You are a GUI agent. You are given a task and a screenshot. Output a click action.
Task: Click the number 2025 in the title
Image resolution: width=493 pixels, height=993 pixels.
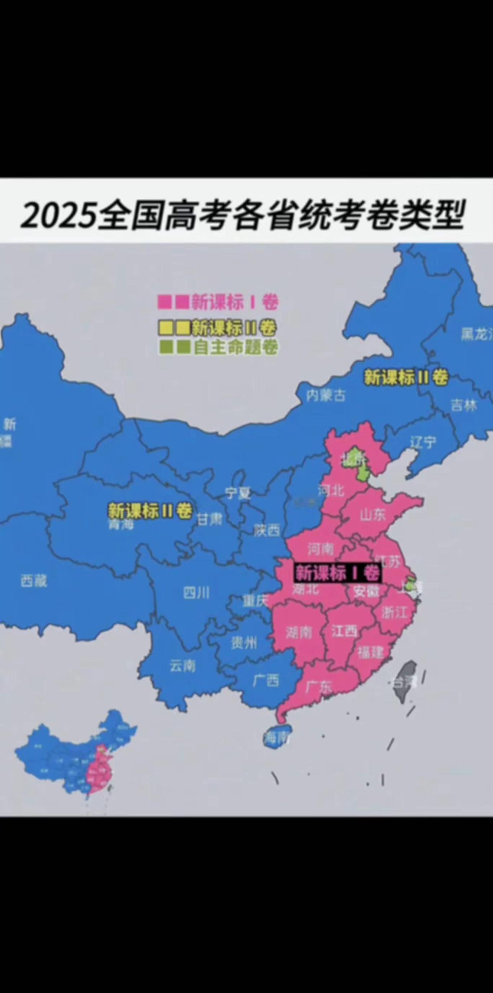tap(58, 214)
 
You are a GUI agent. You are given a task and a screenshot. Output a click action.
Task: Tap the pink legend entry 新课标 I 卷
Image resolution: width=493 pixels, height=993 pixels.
tap(218, 302)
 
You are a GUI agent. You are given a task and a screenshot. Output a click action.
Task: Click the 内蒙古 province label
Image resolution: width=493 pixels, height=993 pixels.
tap(326, 395)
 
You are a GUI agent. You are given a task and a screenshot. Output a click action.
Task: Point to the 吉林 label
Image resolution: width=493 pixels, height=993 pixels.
tap(464, 405)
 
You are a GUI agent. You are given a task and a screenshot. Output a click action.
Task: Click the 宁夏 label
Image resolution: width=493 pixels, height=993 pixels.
tap(238, 493)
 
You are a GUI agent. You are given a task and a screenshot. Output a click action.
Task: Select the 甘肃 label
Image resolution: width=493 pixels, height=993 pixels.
tap(210, 519)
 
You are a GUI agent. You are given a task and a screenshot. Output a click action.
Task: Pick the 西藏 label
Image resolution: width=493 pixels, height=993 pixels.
tap(34, 580)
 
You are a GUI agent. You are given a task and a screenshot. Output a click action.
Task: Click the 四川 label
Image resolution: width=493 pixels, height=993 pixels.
tap(196, 593)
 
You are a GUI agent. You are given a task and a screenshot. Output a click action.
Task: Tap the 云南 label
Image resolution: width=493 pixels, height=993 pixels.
tap(183, 665)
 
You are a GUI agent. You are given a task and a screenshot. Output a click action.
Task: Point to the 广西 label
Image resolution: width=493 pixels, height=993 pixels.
tap(266, 681)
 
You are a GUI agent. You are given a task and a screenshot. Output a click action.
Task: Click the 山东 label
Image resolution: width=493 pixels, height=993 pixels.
tap(372, 515)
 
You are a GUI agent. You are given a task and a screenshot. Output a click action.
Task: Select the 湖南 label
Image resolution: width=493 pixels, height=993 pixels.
tap(299, 632)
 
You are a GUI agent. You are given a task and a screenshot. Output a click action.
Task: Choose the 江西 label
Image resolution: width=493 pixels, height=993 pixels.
tap(344, 631)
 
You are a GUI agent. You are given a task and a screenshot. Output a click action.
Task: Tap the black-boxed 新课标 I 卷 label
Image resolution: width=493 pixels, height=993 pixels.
tap(338, 573)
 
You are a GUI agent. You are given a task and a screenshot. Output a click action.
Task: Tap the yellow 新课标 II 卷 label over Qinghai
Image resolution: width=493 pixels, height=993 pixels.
tap(150, 511)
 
